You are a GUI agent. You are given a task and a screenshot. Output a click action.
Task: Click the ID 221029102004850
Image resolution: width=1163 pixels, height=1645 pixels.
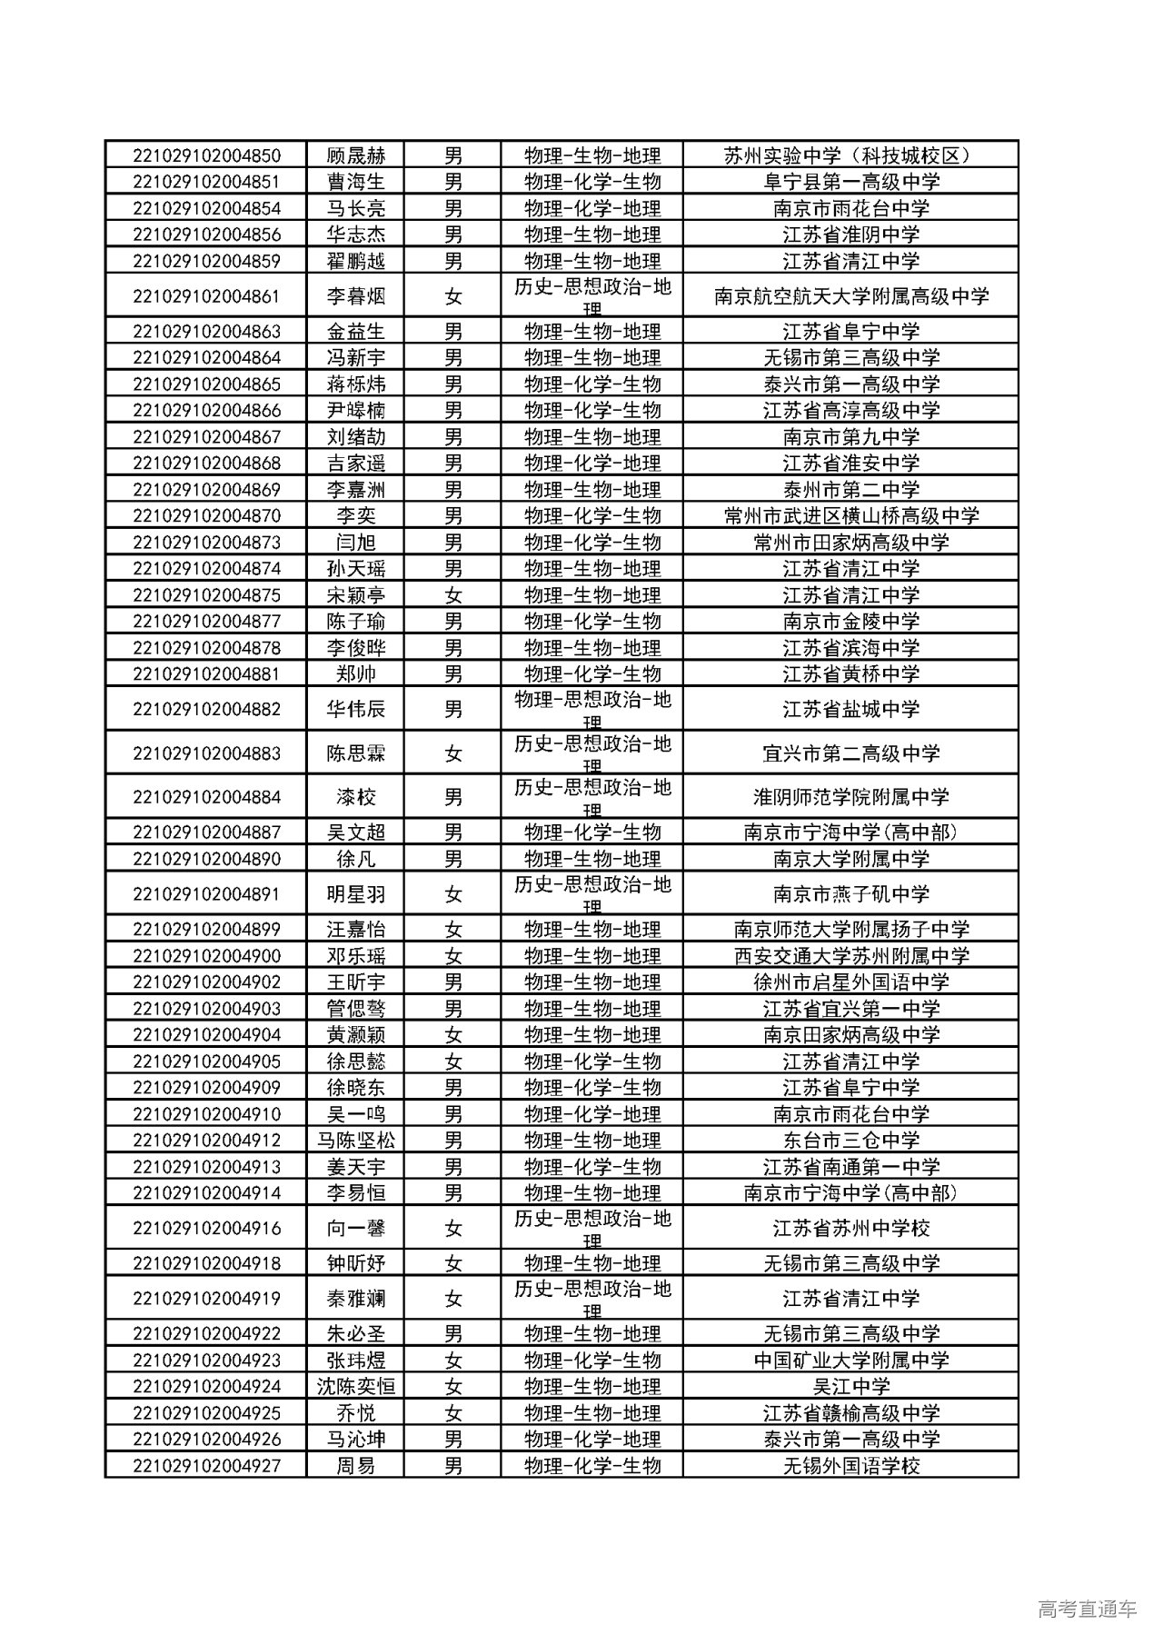(206, 155)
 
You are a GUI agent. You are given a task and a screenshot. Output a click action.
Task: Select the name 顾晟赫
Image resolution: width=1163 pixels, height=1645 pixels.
(355, 155)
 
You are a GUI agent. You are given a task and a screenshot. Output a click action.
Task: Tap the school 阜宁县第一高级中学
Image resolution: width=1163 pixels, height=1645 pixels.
(850, 182)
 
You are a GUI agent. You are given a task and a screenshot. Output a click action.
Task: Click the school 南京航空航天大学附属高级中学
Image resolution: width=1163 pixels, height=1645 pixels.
(850, 296)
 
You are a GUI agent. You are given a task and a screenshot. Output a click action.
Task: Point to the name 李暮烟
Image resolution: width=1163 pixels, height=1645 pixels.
(355, 296)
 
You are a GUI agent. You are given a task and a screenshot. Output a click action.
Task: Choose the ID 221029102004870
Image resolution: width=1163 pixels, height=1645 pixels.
(206, 516)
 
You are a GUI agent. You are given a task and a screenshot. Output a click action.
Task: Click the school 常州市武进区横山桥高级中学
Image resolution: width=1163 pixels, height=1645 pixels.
(850, 516)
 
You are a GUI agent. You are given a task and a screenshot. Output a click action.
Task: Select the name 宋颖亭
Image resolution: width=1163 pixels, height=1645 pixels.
(355, 595)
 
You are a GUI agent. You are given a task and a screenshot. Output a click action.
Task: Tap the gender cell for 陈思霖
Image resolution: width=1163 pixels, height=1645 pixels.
(452, 753)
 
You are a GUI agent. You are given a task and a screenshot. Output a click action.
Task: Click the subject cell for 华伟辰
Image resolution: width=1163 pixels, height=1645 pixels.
(591, 709)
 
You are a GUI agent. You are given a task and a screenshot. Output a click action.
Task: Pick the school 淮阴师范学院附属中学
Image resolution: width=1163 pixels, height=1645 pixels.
(850, 798)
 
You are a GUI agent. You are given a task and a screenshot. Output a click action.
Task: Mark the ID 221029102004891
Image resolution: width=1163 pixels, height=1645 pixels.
(206, 894)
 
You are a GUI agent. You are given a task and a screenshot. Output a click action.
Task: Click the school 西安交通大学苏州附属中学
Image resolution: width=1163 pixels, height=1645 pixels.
(850, 956)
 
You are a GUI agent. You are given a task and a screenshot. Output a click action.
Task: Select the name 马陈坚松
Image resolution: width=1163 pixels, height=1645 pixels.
(355, 1141)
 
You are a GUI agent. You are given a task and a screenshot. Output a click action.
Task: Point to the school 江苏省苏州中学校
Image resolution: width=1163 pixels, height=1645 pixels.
(850, 1229)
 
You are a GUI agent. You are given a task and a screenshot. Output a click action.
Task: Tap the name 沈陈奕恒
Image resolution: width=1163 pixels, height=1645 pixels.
(355, 1387)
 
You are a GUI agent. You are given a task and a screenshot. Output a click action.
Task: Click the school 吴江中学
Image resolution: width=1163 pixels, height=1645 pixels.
(850, 1387)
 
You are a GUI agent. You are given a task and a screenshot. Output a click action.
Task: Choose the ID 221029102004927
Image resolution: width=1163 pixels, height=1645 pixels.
(206, 1466)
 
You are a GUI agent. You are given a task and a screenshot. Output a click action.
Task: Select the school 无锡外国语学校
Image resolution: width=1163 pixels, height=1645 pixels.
(850, 1466)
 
